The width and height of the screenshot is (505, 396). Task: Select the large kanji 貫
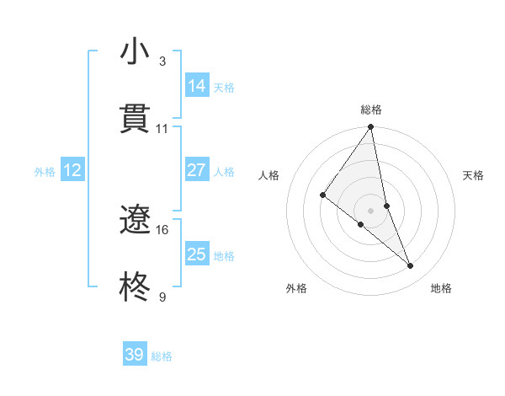point(135,119)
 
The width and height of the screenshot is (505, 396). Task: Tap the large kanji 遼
point(135,220)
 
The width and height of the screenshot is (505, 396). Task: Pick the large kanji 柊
point(135,287)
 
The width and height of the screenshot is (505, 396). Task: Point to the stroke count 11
point(162,128)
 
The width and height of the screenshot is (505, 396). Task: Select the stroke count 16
point(162,229)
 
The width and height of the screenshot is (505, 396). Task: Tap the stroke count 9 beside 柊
point(162,297)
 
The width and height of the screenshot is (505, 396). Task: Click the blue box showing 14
point(197,86)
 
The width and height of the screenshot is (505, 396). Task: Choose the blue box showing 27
point(197,170)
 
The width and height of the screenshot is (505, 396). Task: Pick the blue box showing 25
point(197,254)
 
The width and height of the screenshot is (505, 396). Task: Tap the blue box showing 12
point(72,170)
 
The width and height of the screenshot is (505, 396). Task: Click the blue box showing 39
point(135,355)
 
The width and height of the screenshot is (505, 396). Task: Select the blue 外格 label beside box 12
point(45,172)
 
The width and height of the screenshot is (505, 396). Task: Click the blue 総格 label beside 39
point(162,356)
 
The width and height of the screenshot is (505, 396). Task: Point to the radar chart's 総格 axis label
point(371,110)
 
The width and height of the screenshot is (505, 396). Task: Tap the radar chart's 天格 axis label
point(474,175)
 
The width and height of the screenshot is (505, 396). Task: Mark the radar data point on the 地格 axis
point(411,265)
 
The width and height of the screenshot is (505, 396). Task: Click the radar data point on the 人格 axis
point(322,195)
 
